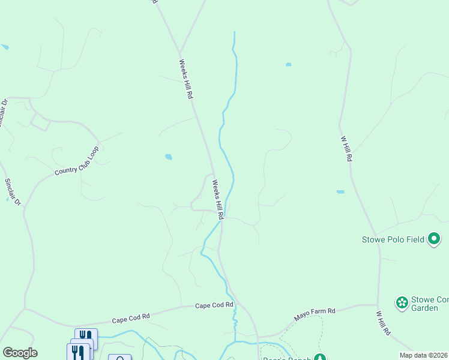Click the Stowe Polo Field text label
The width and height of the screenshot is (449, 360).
click(393, 239)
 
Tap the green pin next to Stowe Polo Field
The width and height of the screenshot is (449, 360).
click(434, 239)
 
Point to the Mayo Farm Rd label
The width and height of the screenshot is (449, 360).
click(314, 314)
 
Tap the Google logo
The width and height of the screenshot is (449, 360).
click(20, 353)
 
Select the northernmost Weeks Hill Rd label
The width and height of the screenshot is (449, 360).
click(186, 79)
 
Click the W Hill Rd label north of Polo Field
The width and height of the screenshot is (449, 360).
click(346, 148)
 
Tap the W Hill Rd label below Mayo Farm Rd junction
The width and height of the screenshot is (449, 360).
click(383, 323)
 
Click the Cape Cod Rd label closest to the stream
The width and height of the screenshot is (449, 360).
click(214, 305)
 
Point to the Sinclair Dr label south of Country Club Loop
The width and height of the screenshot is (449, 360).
click(13, 192)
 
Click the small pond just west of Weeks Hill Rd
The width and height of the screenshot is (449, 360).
click(169, 157)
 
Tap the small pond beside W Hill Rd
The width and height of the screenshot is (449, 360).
click(340, 192)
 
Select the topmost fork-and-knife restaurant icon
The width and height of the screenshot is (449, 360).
click(86, 337)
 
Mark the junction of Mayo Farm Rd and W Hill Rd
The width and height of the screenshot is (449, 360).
click(378, 305)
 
